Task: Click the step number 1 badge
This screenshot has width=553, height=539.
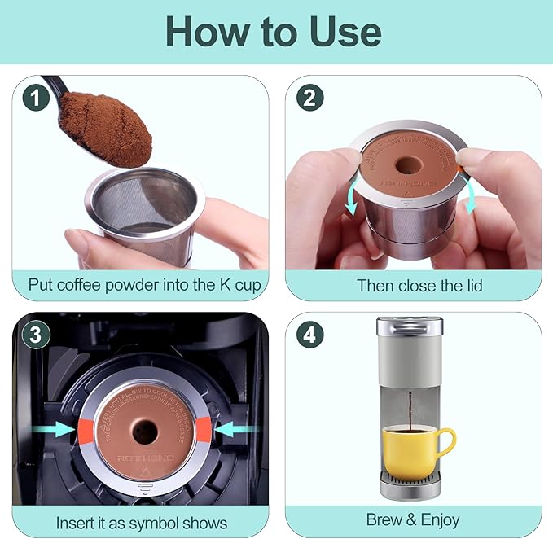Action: tap(33, 98)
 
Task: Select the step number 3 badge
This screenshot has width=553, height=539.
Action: tap(33, 335)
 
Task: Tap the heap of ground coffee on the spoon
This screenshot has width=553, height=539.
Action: tap(105, 127)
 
